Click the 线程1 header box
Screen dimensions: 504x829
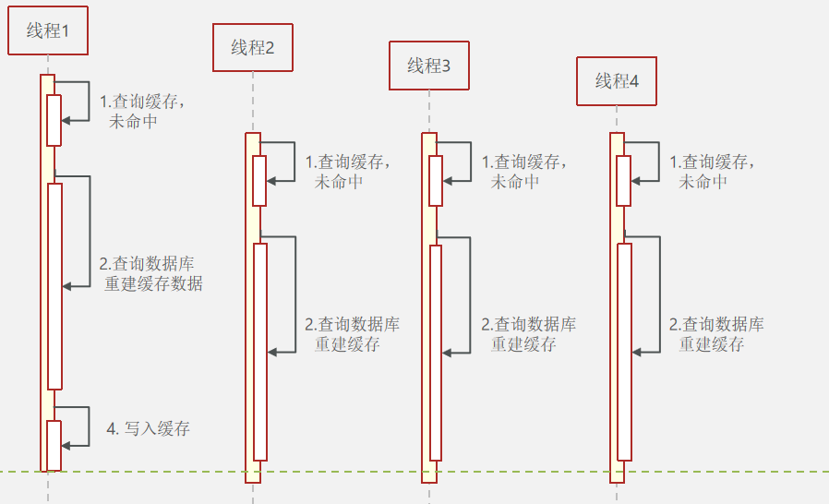48,30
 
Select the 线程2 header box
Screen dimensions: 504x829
253,48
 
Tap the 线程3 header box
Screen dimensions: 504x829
429,66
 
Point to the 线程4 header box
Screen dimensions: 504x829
618,81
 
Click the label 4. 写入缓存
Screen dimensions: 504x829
149,428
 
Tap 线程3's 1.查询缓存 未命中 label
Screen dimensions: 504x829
524,172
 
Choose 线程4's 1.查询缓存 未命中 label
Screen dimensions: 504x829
713,172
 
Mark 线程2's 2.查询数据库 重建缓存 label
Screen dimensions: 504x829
352,334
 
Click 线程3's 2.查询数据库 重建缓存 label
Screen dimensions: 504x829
529,334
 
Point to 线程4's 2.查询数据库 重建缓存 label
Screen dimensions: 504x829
716,334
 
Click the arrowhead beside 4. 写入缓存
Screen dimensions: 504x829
65,445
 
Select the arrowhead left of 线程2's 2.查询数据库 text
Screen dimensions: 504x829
271,352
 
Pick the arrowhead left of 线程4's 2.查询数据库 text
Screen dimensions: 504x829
637,352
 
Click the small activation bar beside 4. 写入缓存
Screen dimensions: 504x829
54,446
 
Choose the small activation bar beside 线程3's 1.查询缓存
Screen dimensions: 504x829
436,180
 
